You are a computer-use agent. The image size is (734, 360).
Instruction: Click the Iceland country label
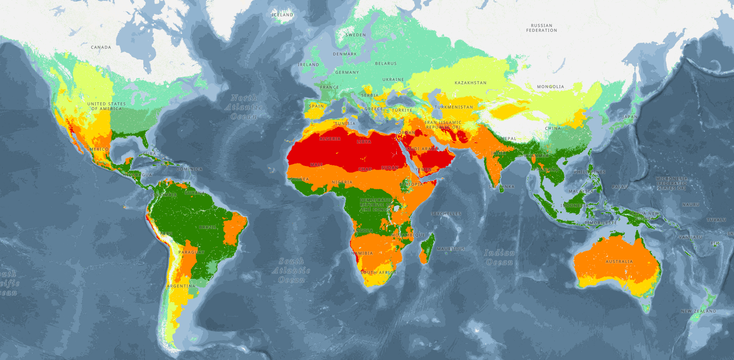tap(282, 15)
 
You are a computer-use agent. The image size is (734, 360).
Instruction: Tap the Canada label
tap(101, 47)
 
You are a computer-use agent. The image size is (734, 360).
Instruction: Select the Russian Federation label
tap(541, 28)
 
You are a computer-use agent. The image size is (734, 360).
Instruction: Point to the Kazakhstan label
tap(470, 83)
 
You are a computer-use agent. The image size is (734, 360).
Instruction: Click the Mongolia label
tap(550, 87)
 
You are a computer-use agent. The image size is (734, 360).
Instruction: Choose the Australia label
tap(619, 262)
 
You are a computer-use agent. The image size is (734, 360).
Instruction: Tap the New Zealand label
tap(698, 311)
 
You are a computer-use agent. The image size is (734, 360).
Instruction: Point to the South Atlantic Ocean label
tap(291, 270)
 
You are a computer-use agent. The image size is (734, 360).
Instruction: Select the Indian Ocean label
tap(499, 257)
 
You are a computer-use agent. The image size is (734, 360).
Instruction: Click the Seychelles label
tap(446, 214)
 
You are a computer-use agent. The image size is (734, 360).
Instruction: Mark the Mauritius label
tap(450, 249)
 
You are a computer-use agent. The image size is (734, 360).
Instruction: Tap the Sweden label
tap(355, 35)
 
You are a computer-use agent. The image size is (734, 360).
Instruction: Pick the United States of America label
tap(106, 106)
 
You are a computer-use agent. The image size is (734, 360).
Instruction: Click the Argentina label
tap(181, 286)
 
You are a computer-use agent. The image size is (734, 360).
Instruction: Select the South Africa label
tap(378, 273)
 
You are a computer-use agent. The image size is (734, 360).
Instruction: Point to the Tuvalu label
tap(716, 220)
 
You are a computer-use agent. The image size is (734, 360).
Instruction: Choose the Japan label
tap(630, 117)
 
